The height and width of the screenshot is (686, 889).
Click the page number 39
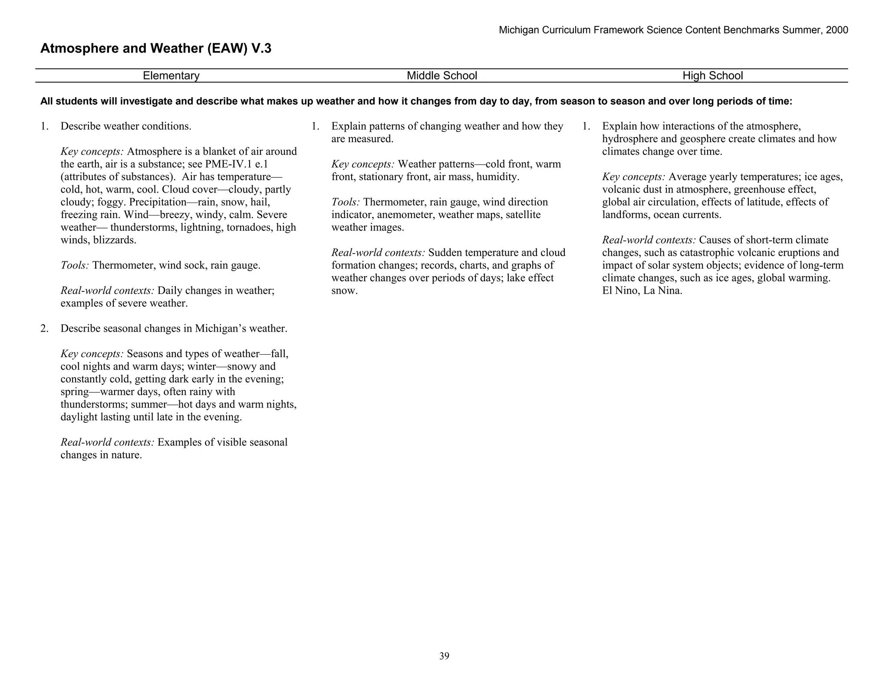(x=444, y=656)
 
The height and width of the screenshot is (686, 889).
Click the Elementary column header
(x=171, y=76)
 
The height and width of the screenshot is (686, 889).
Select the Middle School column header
(x=441, y=76)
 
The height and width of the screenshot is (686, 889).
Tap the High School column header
(x=712, y=76)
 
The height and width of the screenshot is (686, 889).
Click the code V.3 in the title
(x=260, y=49)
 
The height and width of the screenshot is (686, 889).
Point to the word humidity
(x=497, y=177)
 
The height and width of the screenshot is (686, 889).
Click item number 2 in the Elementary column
(x=44, y=329)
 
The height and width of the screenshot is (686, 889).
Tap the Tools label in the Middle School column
(x=346, y=203)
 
